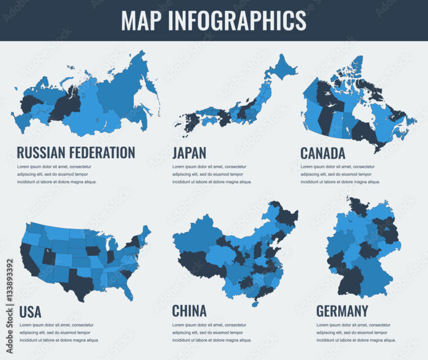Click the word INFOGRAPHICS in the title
pyautogui.click(x=238, y=20)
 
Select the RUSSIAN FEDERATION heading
pyautogui.click(x=76, y=153)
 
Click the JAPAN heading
pyautogui.click(x=189, y=153)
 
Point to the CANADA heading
pyautogui.click(x=323, y=153)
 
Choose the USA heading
pyautogui.click(x=30, y=311)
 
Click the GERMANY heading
pyautogui.click(x=342, y=310)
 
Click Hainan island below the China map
pyautogui.click(x=255, y=304)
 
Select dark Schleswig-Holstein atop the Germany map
pyautogui.click(x=357, y=205)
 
